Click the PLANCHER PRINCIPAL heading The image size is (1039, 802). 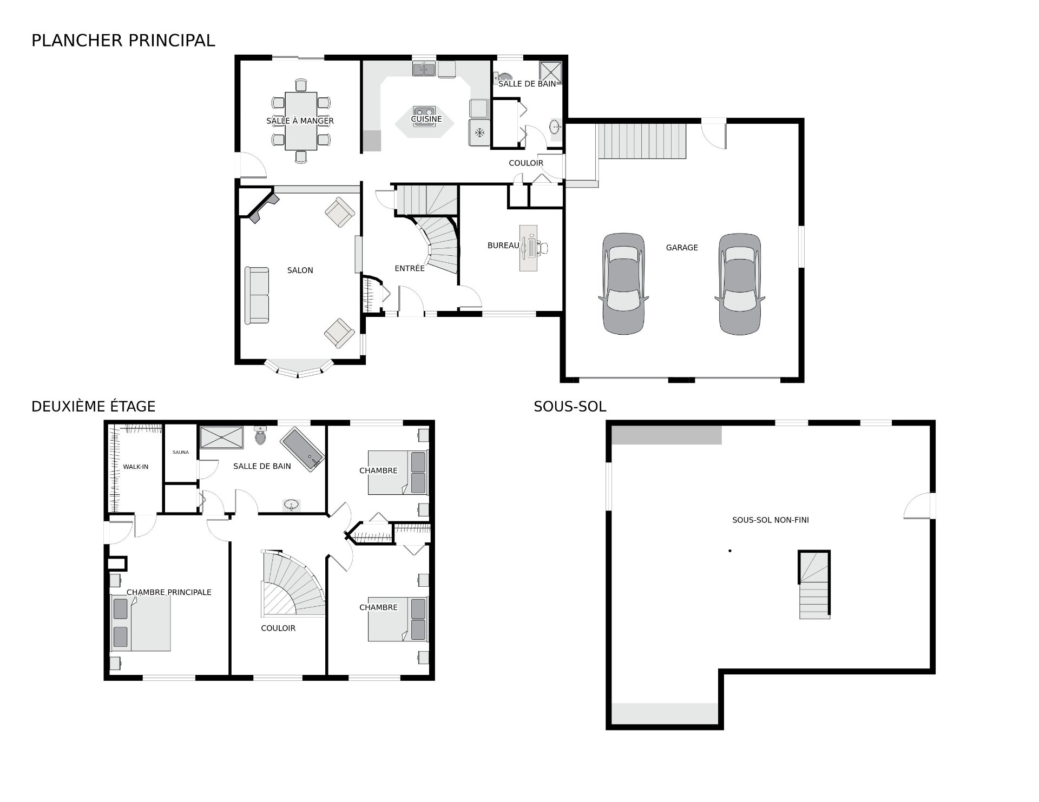coord(123,41)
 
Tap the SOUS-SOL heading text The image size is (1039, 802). coord(569,407)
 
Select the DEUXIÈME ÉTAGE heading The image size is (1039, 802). coord(93,407)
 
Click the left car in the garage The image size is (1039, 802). coord(623,284)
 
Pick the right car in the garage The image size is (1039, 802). coord(739,284)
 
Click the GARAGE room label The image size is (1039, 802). coord(681,248)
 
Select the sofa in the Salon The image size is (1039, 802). coord(257,295)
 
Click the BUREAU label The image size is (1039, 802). coord(503,246)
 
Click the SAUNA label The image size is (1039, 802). coord(181,452)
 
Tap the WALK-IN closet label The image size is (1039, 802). coord(135,467)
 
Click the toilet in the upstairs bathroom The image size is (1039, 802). coord(261,435)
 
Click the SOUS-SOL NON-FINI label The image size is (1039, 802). coord(770,520)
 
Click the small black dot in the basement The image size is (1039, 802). coord(730,551)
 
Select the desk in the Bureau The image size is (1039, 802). coord(528,248)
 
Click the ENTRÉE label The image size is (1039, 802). coord(409,268)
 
